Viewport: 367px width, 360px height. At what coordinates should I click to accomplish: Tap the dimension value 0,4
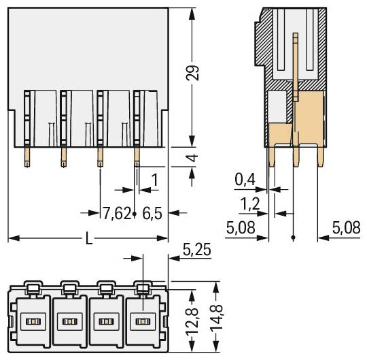click(x=245, y=180)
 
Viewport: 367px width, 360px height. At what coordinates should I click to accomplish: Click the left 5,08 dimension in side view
click(x=242, y=227)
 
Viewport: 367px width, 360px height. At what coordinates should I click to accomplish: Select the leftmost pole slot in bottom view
click(x=31, y=321)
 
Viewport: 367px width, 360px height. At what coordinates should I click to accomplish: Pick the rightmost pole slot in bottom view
click(x=141, y=321)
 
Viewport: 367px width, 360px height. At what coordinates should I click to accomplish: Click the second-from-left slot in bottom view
click(x=68, y=321)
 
